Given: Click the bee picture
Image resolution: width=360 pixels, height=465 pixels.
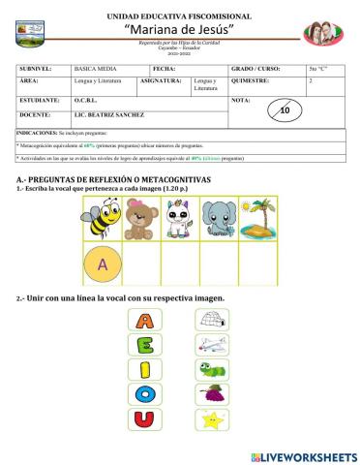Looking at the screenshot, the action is click(x=103, y=219).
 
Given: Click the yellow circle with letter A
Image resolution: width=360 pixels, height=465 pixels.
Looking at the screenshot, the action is click(x=103, y=263).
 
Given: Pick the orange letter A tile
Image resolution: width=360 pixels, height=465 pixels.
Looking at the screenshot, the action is click(x=142, y=321).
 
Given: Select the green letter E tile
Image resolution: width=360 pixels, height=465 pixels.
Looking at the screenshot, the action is click(x=142, y=345).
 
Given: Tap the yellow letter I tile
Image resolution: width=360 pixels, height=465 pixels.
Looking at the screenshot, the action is click(x=142, y=369).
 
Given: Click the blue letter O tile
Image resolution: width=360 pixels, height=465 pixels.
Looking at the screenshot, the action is click(x=142, y=393).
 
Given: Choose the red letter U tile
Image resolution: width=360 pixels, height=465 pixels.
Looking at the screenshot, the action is click(x=142, y=418).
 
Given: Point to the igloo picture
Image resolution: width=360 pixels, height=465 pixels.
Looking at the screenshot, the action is click(x=211, y=321).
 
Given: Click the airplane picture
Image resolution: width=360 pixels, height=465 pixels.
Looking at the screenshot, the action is click(x=211, y=345).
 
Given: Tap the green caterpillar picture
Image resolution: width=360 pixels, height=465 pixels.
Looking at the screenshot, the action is click(x=211, y=369).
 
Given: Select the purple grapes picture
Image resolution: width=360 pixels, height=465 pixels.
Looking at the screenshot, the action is click(x=211, y=393).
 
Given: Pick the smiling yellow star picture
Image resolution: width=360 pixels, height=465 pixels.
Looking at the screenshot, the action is click(x=211, y=418).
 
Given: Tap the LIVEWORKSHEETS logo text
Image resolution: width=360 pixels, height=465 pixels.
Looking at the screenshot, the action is click(x=310, y=455).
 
